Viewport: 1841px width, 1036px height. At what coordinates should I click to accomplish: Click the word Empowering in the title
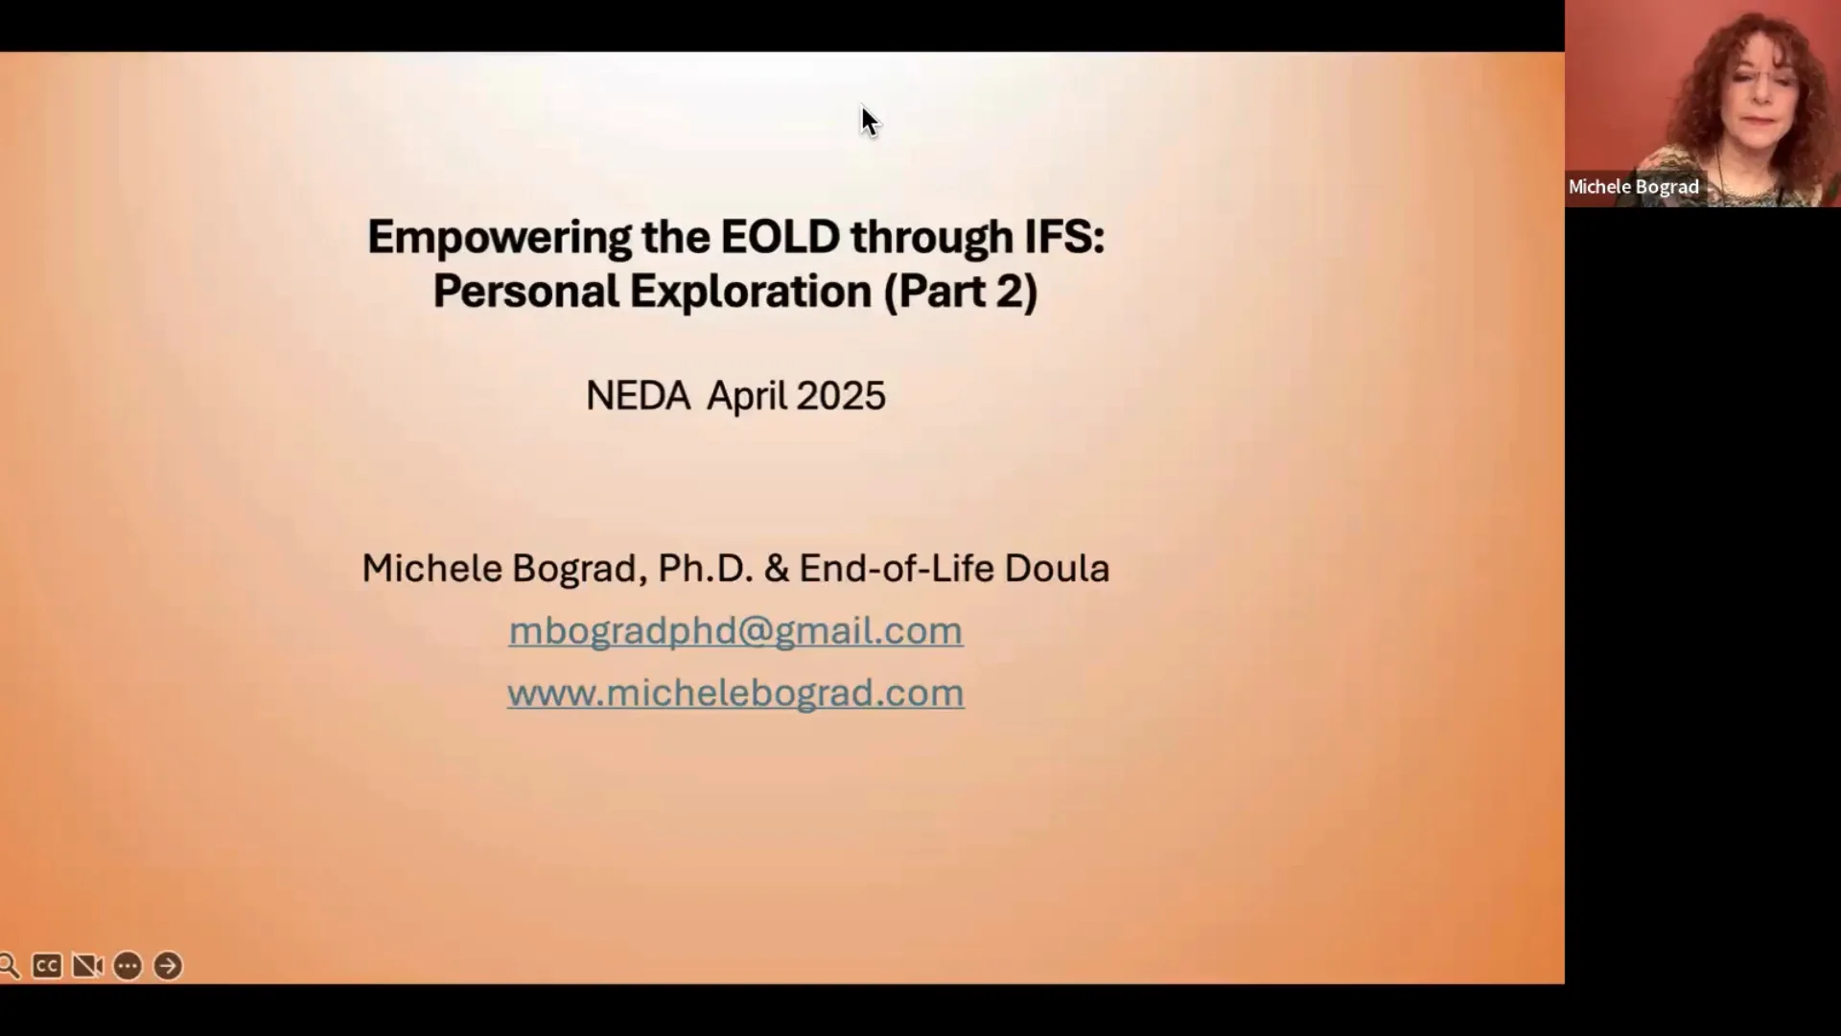click(x=499, y=238)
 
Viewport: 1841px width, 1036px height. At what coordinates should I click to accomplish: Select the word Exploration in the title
click(x=750, y=292)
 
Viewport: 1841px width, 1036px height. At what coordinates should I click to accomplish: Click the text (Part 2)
click(x=961, y=292)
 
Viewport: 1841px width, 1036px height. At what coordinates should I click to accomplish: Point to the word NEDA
click(x=638, y=396)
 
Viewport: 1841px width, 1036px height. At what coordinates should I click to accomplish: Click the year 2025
click(x=840, y=396)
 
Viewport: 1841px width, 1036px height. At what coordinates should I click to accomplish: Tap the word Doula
click(x=1057, y=568)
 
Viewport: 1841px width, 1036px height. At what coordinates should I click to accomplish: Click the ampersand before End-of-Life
click(x=777, y=568)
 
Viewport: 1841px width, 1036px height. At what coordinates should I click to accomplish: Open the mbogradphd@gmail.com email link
click(x=735, y=631)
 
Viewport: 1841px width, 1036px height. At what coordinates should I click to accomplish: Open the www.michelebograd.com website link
click(x=735, y=694)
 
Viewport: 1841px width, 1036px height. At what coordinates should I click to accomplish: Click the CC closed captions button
click(x=46, y=966)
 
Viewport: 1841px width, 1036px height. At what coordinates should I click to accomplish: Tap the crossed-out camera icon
click(x=87, y=966)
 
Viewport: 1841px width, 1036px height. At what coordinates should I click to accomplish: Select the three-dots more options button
click(x=128, y=966)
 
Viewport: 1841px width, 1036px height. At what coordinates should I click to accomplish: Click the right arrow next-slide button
click(x=168, y=966)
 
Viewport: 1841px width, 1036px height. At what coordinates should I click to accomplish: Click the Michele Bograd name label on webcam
click(x=1633, y=187)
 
